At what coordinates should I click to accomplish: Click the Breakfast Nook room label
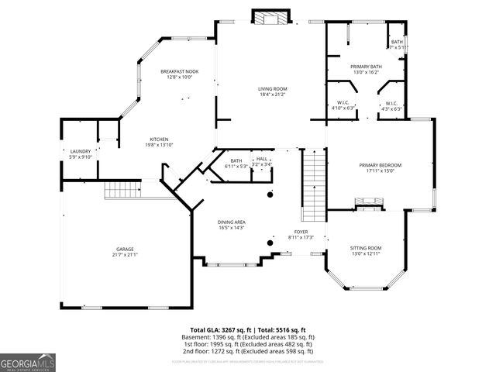pyautogui.click(x=180, y=71)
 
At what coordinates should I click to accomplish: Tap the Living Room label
pyautogui.click(x=272, y=89)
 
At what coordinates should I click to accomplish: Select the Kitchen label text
pyautogui.click(x=160, y=139)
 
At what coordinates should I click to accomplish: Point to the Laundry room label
pyautogui.click(x=81, y=151)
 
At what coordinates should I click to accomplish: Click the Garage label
pyautogui.click(x=125, y=249)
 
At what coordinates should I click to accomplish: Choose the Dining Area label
pyautogui.click(x=232, y=222)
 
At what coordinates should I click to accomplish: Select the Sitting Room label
pyautogui.click(x=367, y=248)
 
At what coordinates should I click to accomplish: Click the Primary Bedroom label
pyautogui.click(x=380, y=165)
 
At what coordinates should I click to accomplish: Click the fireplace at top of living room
pyautogui.click(x=271, y=18)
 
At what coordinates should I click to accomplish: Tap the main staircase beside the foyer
pyautogui.click(x=312, y=187)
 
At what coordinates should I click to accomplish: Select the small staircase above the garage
pyautogui.click(x=122, y=188)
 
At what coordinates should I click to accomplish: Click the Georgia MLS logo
pyautogui.click(x=28, y=361)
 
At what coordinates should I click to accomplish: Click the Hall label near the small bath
pyautogui.click(x=262, y=158)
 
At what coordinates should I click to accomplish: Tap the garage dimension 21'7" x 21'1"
pyautogui.click(x=125, y=255)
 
